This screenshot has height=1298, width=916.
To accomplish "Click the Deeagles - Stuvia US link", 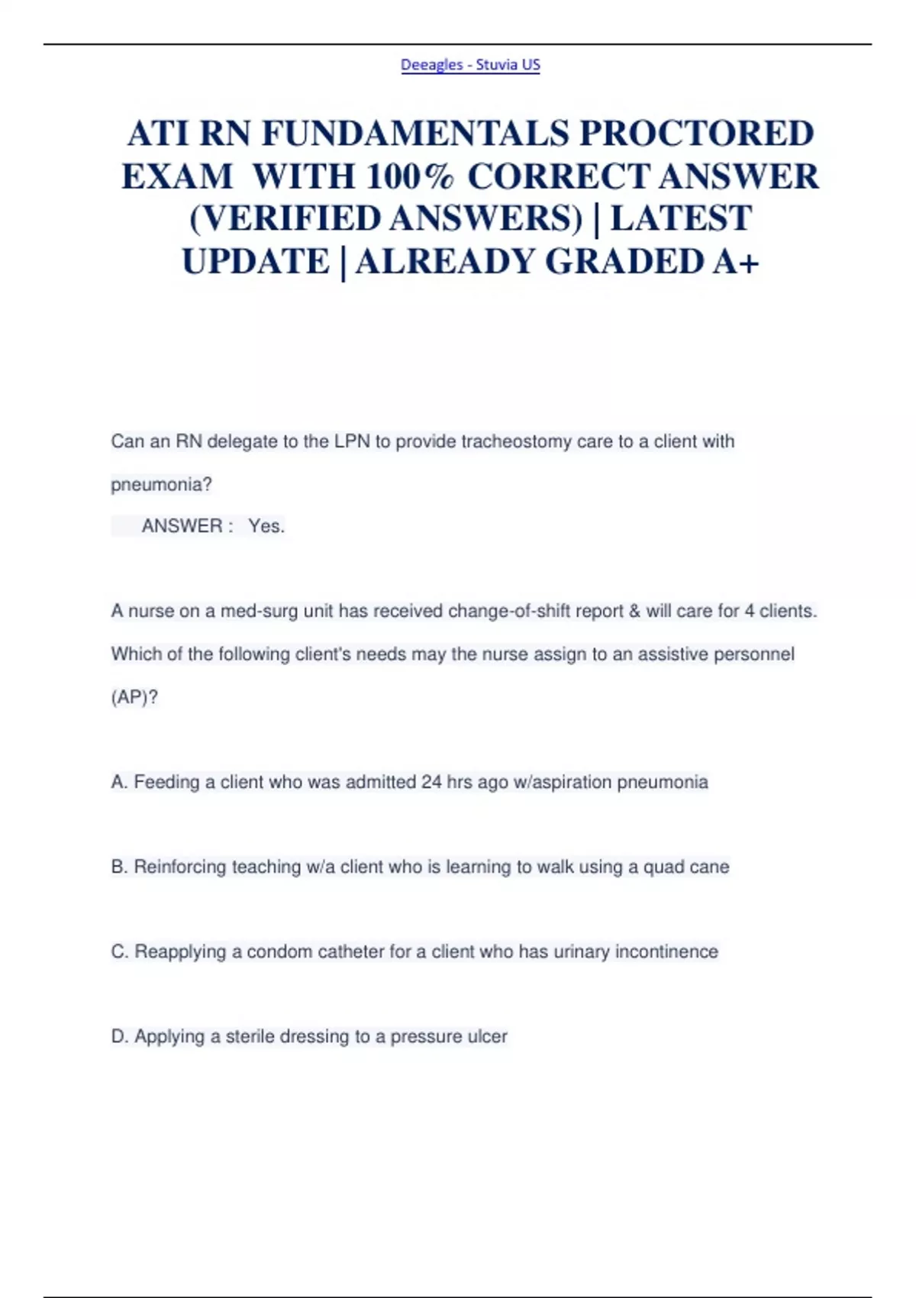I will pyautogui.click(x=470, y=65).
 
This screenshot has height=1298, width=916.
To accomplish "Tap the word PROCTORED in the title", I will pyautogui.click(x=696, y=134).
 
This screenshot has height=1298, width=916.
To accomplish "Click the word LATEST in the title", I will pyautogui.click(x=681, y=219).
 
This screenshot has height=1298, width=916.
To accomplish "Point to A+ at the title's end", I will pyautogui.click(x=736, y=262).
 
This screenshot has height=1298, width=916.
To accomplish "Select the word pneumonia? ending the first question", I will pyautogui.click(x=161, y=484).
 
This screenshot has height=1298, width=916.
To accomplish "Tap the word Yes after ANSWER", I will pyautogui.click(x=266, y=526).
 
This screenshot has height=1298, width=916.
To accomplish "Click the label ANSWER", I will pyautogui.click(x=182, y=526).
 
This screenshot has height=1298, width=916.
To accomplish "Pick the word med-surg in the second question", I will pyautogui.click(x=260, y=611).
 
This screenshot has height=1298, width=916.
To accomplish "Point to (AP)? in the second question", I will pyautogui.click(x=134, y=697).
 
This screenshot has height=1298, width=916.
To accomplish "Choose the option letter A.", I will pyautogui.click(x=118, y=782).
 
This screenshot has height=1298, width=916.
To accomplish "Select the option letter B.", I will pyautogui.click(x=118, y=867).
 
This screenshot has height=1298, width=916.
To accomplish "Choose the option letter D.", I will pyautogui.click(x=118, y=1036).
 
